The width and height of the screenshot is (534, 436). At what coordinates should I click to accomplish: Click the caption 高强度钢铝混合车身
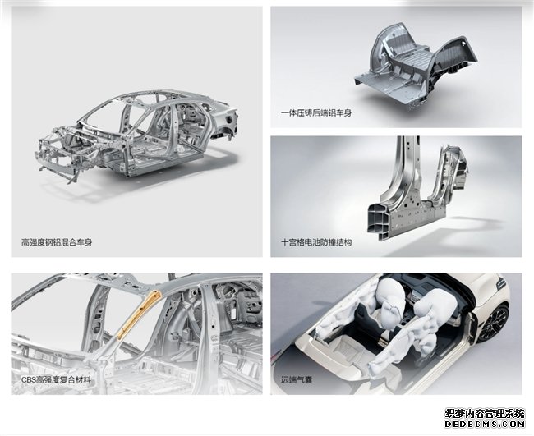point(57,242)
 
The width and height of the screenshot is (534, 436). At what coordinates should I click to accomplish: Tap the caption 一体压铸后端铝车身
point(316,112)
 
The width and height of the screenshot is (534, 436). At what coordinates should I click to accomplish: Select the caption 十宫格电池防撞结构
point(316,242)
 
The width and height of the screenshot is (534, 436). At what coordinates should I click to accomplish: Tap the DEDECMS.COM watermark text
point(485,424)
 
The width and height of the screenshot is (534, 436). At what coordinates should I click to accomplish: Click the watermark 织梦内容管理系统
point(485,414)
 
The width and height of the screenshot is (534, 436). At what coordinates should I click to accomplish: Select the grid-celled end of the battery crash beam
point(379,221)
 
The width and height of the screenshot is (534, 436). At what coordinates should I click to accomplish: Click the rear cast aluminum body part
point(414,67)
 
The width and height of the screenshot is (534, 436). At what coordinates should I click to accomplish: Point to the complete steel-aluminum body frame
point(136,136)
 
